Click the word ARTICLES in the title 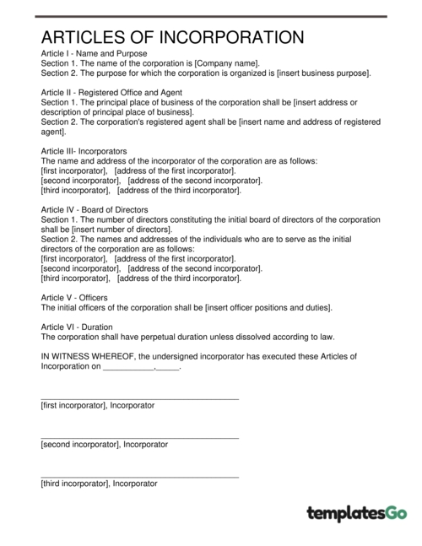83,37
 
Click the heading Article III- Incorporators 84,151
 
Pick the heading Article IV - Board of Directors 95,209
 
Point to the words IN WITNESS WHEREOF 89,357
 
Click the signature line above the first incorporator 139,398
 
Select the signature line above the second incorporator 139,437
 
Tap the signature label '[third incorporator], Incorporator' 99,484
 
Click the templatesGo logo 357,512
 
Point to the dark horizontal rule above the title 211,15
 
